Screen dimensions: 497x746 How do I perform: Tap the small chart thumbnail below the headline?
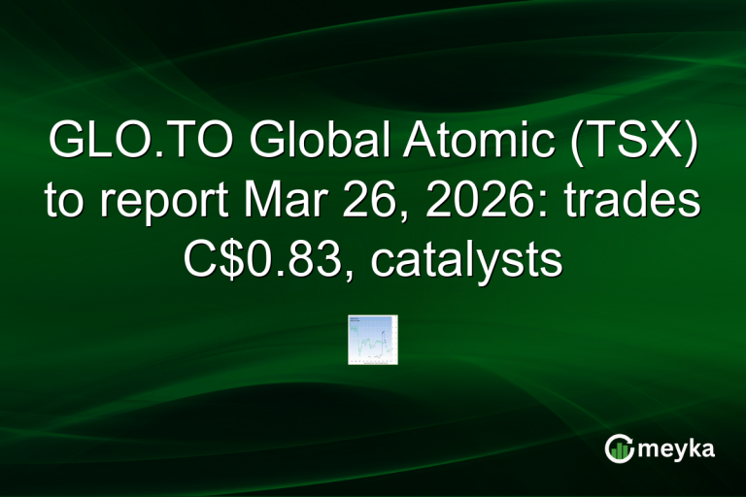(373, 339)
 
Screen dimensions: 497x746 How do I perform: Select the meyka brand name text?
(677, 448)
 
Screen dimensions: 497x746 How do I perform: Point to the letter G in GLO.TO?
(66, 147)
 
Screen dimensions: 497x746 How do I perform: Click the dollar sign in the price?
(226, 259)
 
